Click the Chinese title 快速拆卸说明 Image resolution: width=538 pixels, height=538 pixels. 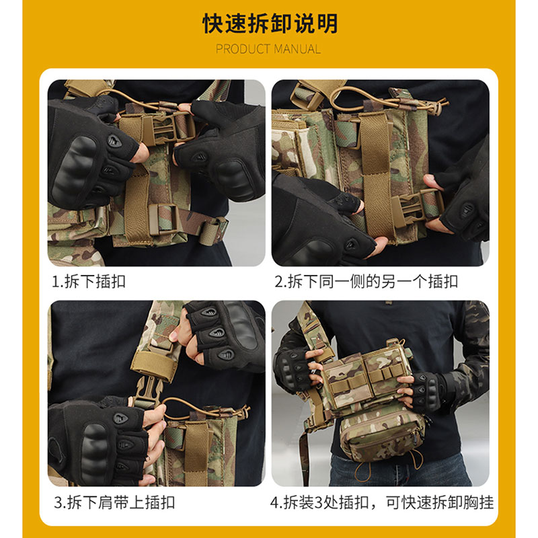point(269,24)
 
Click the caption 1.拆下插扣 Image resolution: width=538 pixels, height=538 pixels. point(89,281)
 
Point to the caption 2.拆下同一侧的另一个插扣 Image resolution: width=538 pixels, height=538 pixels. point(366,281)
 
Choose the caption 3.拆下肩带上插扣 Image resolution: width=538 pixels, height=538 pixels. point(114,502)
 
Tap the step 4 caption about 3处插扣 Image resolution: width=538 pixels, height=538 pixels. point(381,502)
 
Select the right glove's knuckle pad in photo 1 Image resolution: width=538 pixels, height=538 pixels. point(232,171)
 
